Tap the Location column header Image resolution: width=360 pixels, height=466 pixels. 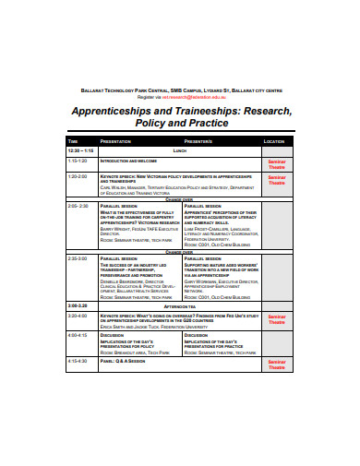coord(275,141)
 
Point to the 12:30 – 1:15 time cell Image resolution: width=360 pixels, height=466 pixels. coord(79,149)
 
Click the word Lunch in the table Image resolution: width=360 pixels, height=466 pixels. coord(181,149)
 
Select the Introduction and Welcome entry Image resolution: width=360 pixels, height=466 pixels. coord(128,161)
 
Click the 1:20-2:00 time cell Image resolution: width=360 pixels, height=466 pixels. coord(77,174)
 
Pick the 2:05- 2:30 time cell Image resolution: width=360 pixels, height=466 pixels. coord(78,206)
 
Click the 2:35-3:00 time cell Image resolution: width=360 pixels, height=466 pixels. coord(77,258)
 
